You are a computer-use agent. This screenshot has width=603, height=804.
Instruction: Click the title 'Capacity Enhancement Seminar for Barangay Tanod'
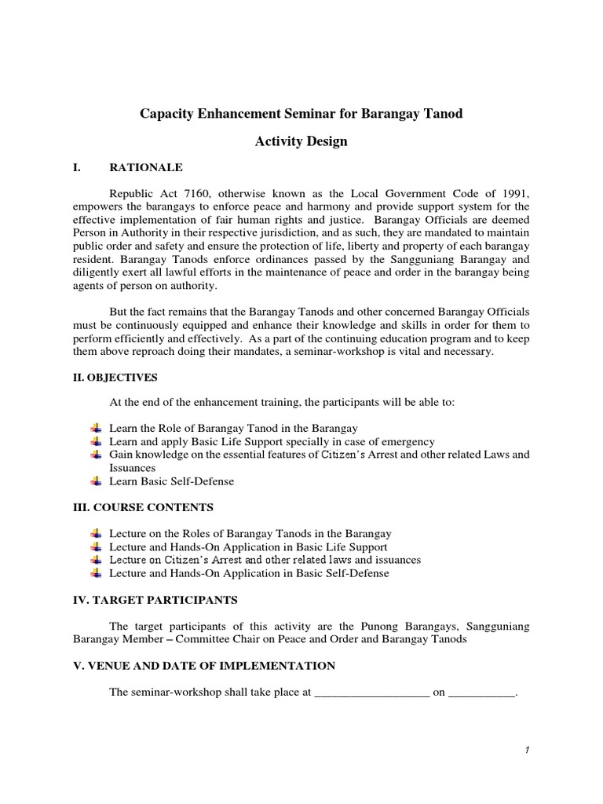[x=301, y=114]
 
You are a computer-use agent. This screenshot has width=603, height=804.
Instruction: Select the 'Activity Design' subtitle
[x=301, y=141]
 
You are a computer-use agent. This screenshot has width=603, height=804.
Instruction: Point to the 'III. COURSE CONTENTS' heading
[x=142, y=507]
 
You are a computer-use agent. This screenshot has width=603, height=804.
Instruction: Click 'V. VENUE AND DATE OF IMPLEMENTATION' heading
[x=203, y=666]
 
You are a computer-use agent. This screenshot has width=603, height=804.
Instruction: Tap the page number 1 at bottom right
[x=528, y=750]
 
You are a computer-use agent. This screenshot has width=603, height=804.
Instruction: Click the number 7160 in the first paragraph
[x=204, y=193]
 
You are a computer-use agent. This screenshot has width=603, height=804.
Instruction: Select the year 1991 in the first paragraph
[x=513, y=193]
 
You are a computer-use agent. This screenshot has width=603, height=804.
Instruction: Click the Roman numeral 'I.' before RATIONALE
[x=76, y=167]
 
